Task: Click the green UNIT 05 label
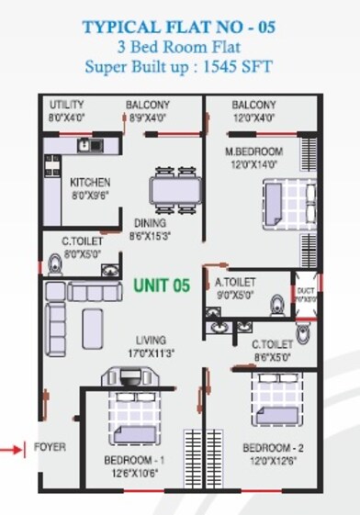click(x=161, y=285)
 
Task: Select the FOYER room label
click(x=50, y=448)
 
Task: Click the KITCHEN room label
click(x=90, y=183)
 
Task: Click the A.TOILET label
click(x=234, y=283)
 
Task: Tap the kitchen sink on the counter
click(x=87, y=144)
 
